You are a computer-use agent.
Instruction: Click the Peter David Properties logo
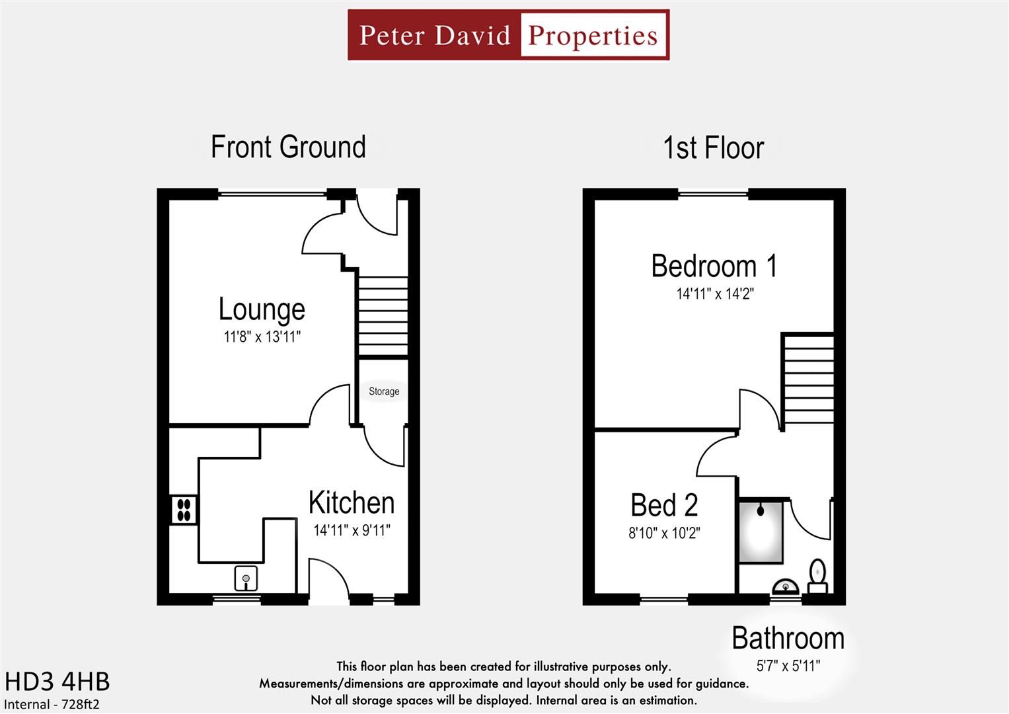point(508,35)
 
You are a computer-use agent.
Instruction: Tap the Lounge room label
point(262,309)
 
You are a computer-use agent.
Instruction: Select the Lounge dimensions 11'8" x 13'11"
point(262,337)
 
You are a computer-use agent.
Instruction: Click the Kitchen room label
point(352,503)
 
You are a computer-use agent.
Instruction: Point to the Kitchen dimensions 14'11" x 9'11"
point(352,530)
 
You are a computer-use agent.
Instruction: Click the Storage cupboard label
point(384,391)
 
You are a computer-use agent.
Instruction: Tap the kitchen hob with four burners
point(184,510)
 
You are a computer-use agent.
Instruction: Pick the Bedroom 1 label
point(714,266)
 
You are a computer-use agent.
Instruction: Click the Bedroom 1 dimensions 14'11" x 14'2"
point(714,294)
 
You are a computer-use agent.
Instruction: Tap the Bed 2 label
point(664,506)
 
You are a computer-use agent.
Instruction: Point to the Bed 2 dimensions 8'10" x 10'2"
point(664,533)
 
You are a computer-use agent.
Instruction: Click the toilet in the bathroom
point(818,575)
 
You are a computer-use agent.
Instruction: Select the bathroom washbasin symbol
point(786,586)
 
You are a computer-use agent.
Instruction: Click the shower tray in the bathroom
point(761,532)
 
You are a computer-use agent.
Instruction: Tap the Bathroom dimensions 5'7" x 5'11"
point(788,666)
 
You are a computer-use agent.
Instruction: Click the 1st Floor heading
point(713,148)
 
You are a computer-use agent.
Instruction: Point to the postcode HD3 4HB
point(57,682)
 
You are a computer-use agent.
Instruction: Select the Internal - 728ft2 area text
point(52,705)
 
